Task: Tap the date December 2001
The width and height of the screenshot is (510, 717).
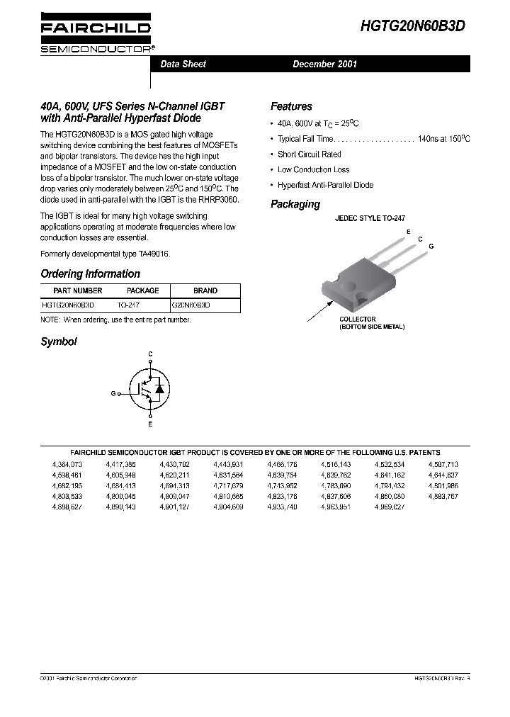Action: pos(325,64)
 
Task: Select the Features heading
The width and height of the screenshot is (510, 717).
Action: pos(291,106)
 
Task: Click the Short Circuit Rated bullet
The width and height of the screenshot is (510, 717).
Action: pos(309,154)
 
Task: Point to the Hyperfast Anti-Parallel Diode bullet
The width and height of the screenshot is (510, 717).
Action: pos(325,185)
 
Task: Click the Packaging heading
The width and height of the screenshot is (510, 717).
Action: pos(295,204)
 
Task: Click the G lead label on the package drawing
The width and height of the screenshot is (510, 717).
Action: pos(431,245)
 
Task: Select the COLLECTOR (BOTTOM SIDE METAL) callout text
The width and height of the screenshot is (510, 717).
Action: pos(372,323)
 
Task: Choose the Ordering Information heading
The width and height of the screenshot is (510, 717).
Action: pos(91,273)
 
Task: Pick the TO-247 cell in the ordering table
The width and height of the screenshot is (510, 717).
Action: pos(129,304)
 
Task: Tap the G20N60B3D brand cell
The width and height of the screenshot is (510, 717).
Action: pos(191,304)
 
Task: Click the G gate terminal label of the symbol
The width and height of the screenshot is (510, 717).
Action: pos(113,393)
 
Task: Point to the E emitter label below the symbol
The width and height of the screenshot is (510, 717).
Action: pos(150,424)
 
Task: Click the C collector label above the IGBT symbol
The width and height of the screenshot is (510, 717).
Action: pos(150,353)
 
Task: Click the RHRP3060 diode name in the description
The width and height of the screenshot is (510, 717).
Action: pos(219,200)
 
